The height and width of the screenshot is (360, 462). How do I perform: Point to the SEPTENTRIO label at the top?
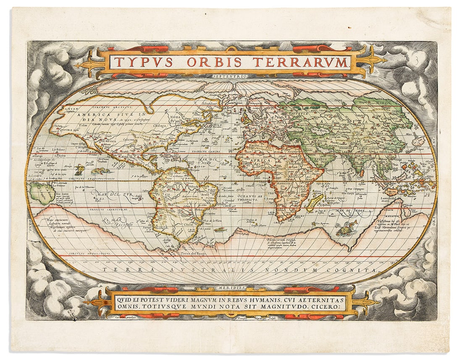point(231,76)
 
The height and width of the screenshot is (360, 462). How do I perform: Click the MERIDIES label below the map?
point(231,288)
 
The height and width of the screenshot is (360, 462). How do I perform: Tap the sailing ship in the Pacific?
point(79,169)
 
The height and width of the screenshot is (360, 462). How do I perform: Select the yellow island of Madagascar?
point(315,202)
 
